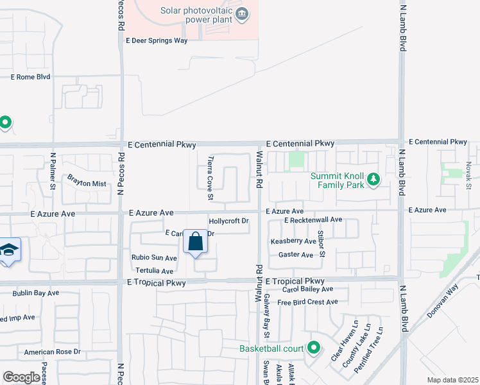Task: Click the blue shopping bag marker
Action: click(x=196, y=243)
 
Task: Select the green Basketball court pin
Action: click(x=313, y=348)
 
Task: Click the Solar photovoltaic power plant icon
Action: click(x=241, y=15)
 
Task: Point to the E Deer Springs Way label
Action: click(x=157, y=40)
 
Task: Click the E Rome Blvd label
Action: click(x=30, y=77)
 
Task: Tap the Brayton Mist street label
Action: click(x=87, y=184)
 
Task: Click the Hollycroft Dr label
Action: click(x=228, y=221)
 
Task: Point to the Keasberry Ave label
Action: click(x=293, y=241)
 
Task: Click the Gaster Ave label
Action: click(x=295, y=255)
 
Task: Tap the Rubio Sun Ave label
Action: click(x=154, y=258)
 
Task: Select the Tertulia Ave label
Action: click(x=153, y=271)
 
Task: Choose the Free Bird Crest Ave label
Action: click(x=307, y=302)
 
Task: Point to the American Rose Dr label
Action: click(x=52, y=352)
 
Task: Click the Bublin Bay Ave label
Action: click(x=36, y=293)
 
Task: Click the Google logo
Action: click(x=21, y=377)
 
